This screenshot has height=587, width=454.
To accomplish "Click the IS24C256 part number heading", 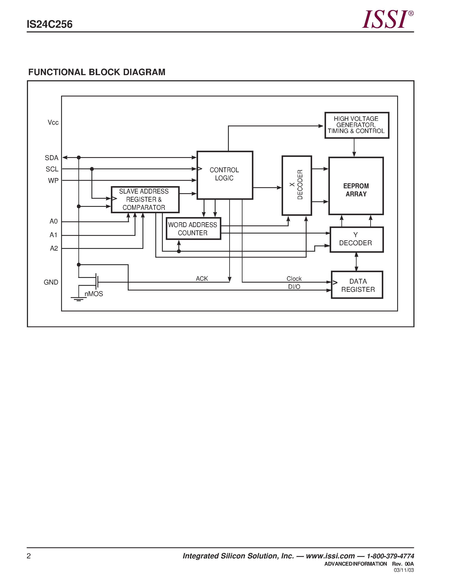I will (50, 25).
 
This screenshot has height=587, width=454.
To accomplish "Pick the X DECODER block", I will (297, 185).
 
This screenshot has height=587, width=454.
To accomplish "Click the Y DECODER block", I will (356, 239).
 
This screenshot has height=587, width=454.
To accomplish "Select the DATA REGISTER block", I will (357, 285).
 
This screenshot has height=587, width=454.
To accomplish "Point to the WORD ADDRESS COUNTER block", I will (193, 228).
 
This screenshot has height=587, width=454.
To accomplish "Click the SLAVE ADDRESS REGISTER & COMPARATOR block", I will (145, 199).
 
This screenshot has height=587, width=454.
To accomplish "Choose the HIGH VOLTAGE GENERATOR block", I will (357, 125).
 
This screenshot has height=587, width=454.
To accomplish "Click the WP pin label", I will (53, 181).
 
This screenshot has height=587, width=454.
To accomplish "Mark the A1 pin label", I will (53, 235).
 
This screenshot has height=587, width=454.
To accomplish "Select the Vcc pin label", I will (53, 123).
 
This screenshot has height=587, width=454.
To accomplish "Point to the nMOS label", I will (94, 294).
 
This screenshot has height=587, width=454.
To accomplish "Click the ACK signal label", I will (202, 278).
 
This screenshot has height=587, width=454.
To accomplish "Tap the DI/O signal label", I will (294, 287).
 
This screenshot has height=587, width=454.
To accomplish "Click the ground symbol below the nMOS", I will (79, 299).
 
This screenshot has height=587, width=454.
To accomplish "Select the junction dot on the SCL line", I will (92, 169).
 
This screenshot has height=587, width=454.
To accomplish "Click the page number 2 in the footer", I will (29, 556).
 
